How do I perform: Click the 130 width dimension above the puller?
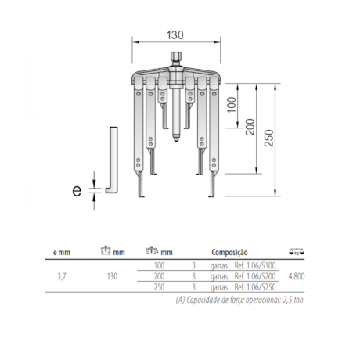pyautogui.click(x=175, y=35)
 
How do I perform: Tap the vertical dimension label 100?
pyautogui.click(x=232, y=105)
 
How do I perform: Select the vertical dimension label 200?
pyautogui.click(x=250, y=127)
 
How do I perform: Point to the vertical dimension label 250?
pyautogui.click(x=269, y=138)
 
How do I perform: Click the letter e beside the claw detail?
pyautogui.click(x=77, y=190)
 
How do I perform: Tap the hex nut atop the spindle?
pyautogui.click(x=176, y=56)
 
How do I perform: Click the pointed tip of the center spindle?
pyautogui.click(x=176, y=140)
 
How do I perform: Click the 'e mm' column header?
pyautogui.click(x=62, y=252)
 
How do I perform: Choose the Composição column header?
pyautogui.click(x=229, y=252)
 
